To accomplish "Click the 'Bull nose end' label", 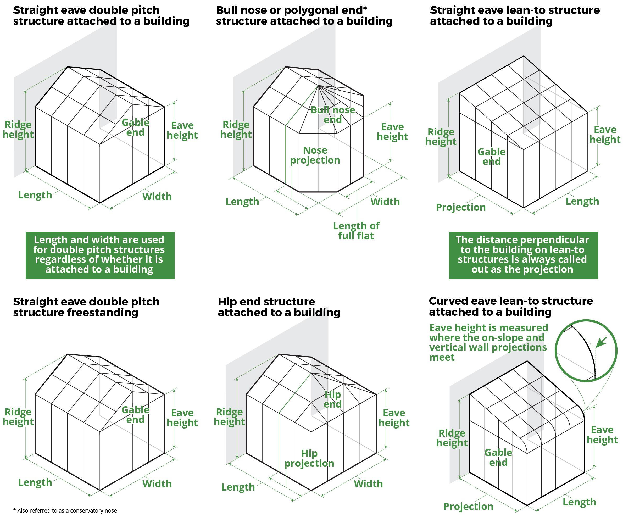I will tap(332, 115).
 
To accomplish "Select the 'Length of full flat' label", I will tap(356, 231).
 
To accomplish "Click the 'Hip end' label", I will tap(332, 399).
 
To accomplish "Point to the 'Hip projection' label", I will tap(309, 458).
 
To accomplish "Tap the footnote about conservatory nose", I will tap(65, 510).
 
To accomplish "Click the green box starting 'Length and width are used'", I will tap(100, 255).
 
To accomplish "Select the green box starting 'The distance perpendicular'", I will tap(523, 255).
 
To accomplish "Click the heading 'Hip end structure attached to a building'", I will tap(279, 307).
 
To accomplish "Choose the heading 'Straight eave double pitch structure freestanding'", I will tap(86, 307).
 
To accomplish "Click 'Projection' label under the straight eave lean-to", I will tap(460, 207).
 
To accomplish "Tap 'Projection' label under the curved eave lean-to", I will tap(468, 507).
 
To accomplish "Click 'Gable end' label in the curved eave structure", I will tap(498, 457).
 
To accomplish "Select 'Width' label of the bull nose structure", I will tap(385, 202).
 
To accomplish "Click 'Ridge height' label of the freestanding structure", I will tap(18, 417).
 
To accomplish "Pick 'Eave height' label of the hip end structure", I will tap(394, 418).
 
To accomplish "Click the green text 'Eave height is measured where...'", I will tap(488, 342).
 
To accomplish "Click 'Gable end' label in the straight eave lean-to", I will tap(491, 157).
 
